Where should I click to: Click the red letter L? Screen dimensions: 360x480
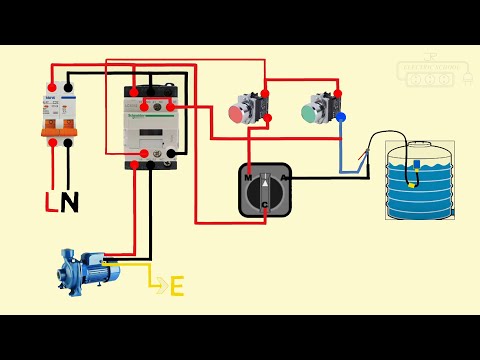[x=51, y=203]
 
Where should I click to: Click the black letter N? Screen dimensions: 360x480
[x=69, y=203]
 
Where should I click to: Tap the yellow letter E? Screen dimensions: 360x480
[x=177, y=287]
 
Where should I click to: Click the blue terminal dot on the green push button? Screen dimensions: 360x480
[x=340, y=118]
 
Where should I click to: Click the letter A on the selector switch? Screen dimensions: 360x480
[x=286, y=177]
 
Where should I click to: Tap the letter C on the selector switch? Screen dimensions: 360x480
[x=265, y=205]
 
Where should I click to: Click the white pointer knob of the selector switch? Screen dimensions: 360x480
[x=265, y=187]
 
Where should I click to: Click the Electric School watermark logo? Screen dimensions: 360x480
[x=427, y=69]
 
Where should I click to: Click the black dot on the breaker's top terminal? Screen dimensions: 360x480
[x=68, y=86]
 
